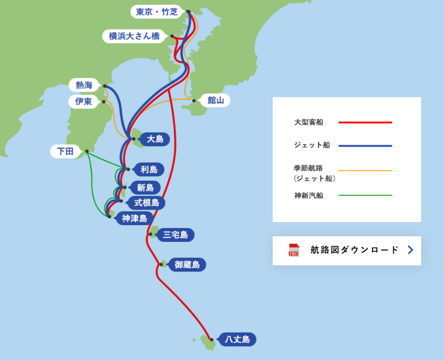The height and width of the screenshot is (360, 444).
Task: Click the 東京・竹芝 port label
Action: click(156, 12)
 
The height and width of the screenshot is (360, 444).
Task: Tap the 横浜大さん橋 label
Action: click(134, 36)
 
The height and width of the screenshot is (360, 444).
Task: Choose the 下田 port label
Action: click(66, 151)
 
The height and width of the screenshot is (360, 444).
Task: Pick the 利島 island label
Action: click(148, 169)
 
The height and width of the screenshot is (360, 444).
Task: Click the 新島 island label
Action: click(145, 187)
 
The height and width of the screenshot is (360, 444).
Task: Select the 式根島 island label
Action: click(147, 202)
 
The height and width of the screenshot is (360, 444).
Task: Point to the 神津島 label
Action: click(134, 218)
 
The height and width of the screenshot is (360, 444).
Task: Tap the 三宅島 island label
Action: click(176, 234)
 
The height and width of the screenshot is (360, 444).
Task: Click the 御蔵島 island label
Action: click(187, 265)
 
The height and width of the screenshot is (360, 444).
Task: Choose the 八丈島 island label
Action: click(237, 339)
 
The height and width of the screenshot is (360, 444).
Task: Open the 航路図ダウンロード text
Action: click(354, 250)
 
